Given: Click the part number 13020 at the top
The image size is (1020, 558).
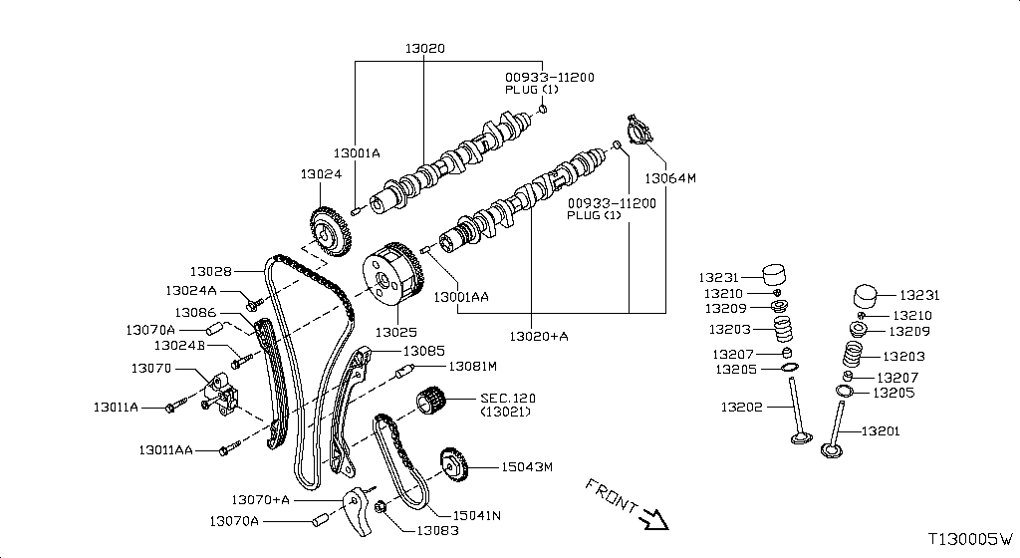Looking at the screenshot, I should pyautogui.click(x=425, y=48).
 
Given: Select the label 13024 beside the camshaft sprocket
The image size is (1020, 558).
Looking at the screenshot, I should pyautogui.click(x=321, y=173).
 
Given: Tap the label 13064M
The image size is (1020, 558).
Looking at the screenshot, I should pyautogui.click(x=669, y=179).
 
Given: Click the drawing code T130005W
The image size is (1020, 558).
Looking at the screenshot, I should pyautogui.click(x=969, y=539).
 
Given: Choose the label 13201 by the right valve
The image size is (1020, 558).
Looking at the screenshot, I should pyautogui.click(x=881, y=431).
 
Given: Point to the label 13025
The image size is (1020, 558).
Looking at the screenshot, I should pyautogui.click(x=395, y=331).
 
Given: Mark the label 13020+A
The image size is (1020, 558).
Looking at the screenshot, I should pyautogui.click(x=539, y=337).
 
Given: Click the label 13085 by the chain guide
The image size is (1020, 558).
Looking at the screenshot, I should pyautogui.click(x=424, y=351).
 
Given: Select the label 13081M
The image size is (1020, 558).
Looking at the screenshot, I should pyautogui.click(x=471, y=367).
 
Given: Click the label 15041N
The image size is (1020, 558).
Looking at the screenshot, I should pyautogui.click(x=476, y=515).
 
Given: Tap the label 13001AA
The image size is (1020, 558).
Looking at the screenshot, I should pyautogui.click(x=460, y=296).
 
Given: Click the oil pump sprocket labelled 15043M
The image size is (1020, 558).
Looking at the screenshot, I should pyautogui.click(x=453, y=468).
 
